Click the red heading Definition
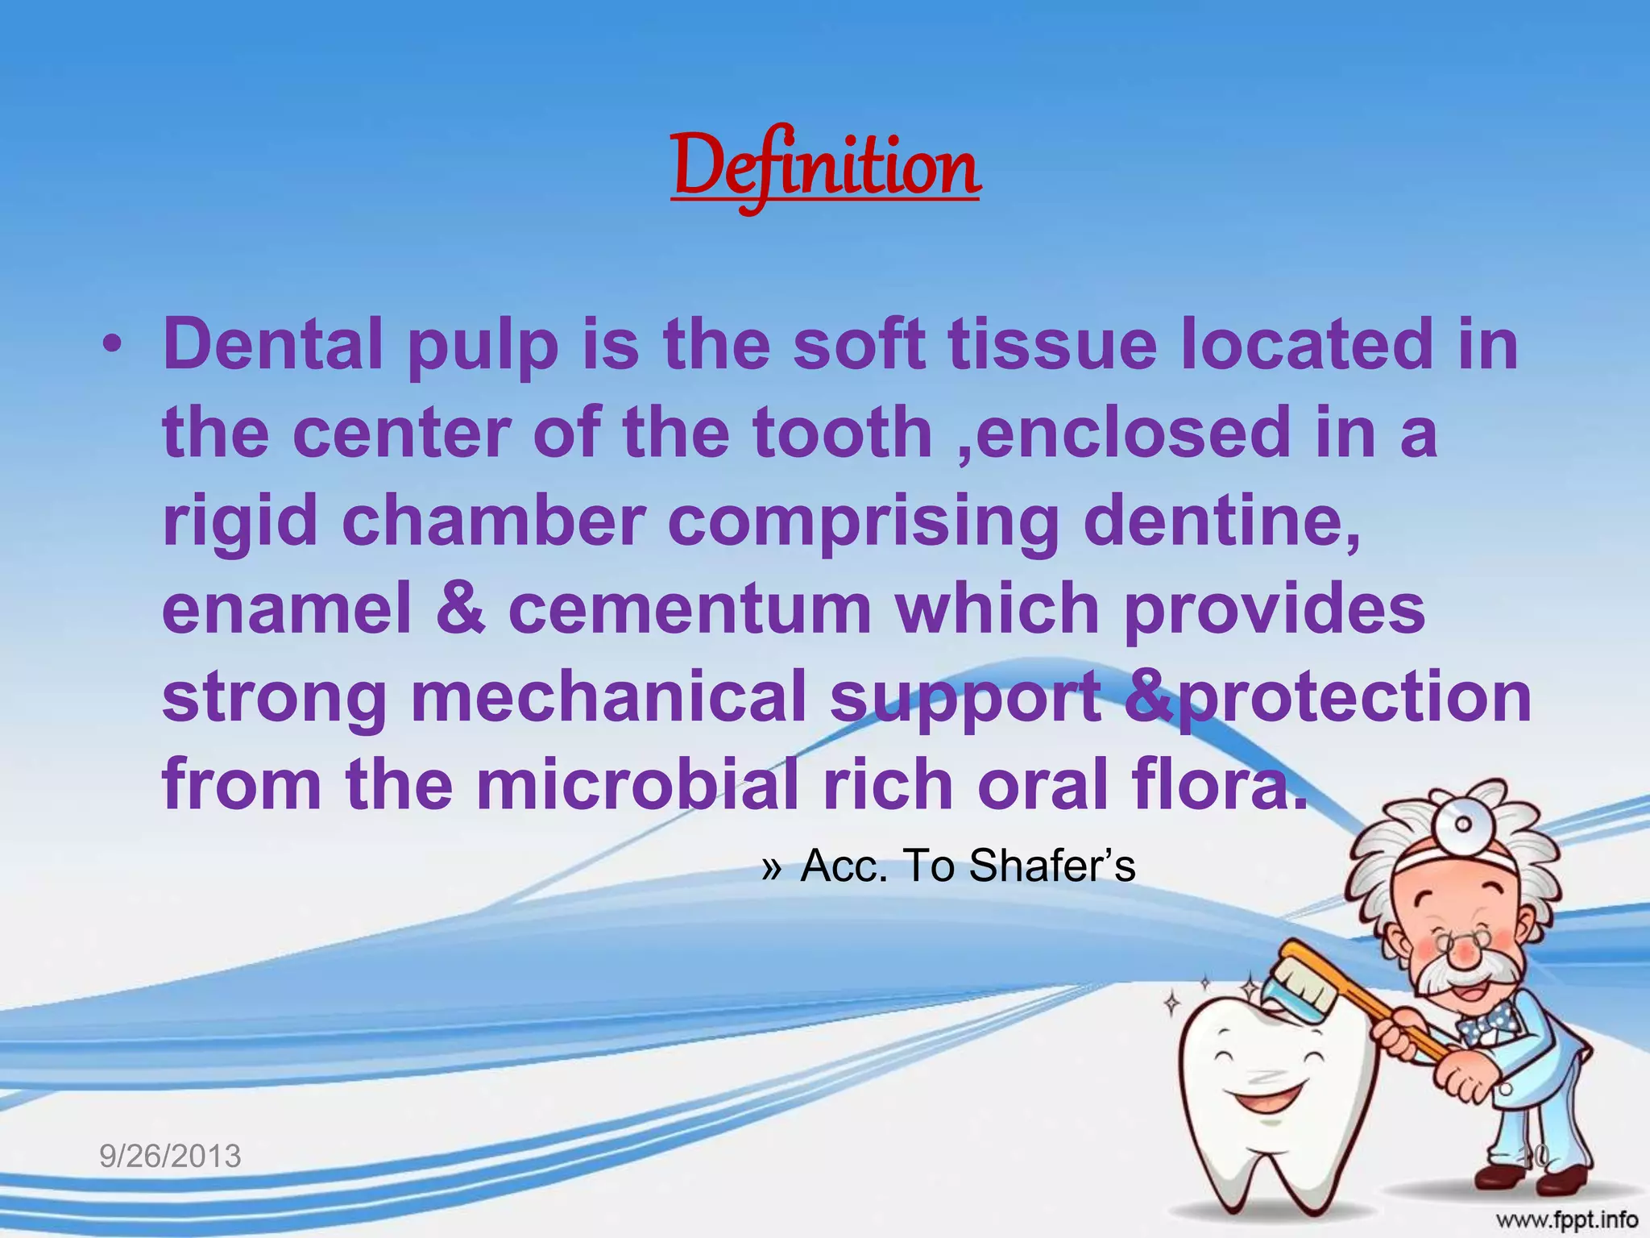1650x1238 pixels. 825,168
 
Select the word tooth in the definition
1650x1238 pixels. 842,433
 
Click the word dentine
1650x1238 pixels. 1221,522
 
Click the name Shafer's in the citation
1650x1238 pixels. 1051,866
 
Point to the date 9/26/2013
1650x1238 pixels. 170,1156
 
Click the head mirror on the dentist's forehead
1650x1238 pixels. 1461,824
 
